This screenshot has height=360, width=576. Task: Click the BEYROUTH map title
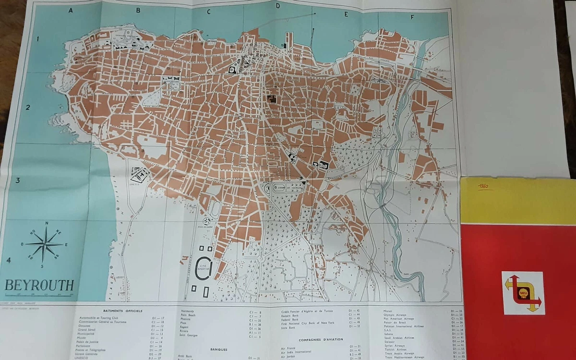39,285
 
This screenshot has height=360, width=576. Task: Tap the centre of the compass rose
45,244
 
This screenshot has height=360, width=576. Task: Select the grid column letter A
71,10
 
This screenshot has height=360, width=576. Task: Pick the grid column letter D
277,6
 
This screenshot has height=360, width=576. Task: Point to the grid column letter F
412,18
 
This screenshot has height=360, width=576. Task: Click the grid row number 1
37,39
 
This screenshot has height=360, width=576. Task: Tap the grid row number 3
17,180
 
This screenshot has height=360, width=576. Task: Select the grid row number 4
9,260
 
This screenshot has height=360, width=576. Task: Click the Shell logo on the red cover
523,293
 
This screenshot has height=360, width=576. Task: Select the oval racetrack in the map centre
283,188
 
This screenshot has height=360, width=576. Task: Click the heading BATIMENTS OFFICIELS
122,311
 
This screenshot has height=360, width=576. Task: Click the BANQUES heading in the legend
218,349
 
